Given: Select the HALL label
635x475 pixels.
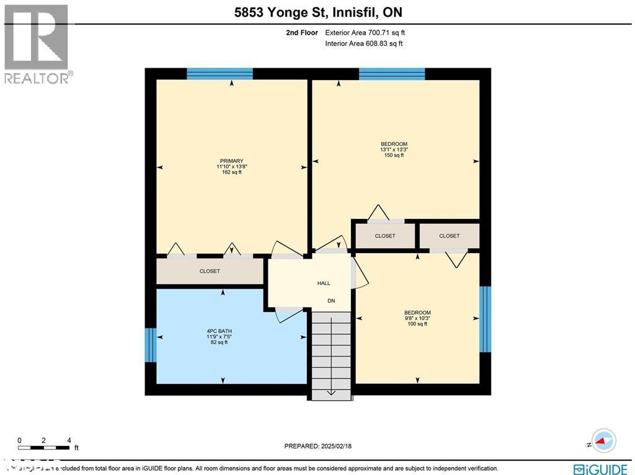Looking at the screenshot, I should click(x=324, y=283).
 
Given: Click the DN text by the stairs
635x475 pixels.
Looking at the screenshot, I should click(x=332, y=301).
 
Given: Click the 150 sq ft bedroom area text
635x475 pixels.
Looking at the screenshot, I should click(x=394, y=155).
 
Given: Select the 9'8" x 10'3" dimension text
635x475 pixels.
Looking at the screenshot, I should click(x=417, y=318).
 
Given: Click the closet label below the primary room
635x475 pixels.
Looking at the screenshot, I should click(x=210, y=271).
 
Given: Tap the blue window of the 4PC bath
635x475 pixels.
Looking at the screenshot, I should click(x=149, y=344).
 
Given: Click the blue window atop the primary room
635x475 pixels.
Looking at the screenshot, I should click(x=220, y=74).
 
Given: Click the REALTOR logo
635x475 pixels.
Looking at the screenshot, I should click(x=37, y=44).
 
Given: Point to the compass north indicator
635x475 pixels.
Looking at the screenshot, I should click(x=601, y=442).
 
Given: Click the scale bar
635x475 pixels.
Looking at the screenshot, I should click(x=43, y=447).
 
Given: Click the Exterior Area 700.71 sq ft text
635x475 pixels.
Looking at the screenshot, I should click(x=365, y=33).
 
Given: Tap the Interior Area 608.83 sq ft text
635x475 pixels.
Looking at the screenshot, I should click(x=364, y=43).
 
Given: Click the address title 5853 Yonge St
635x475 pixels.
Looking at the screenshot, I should click(x=317, y=12).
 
